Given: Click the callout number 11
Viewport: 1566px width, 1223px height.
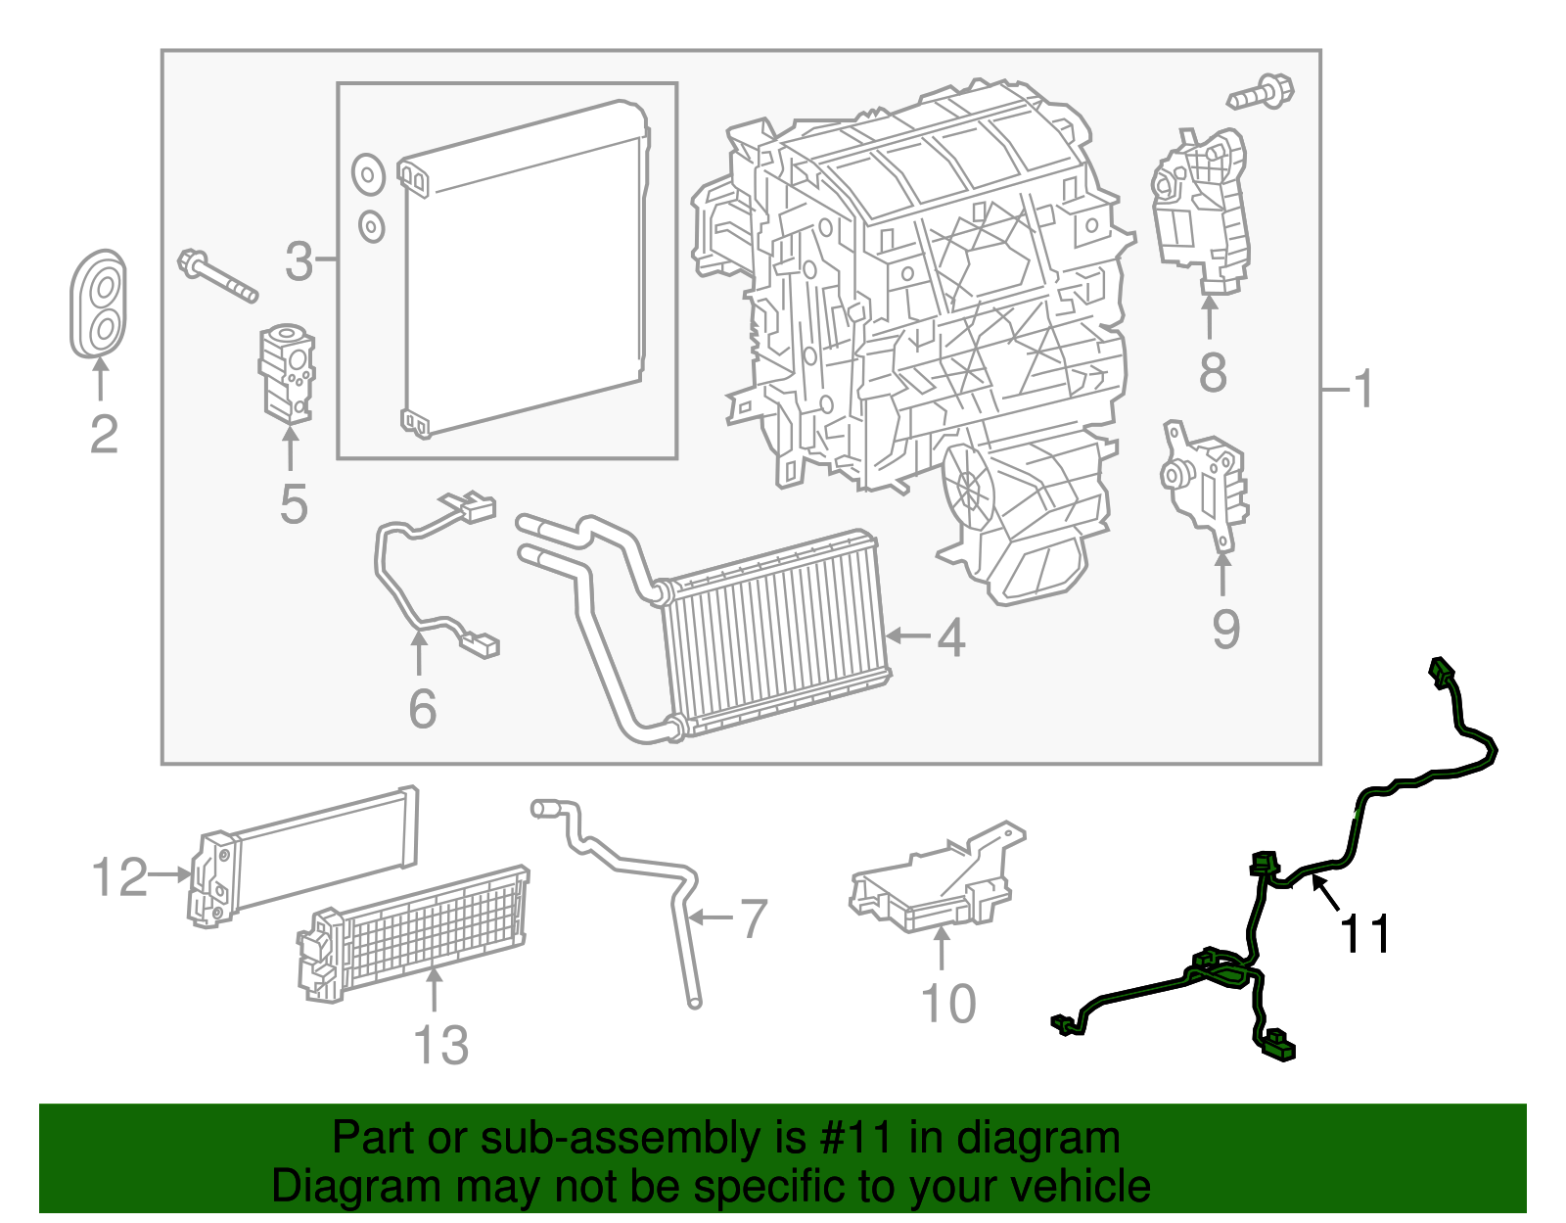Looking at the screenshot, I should pos(1364,934).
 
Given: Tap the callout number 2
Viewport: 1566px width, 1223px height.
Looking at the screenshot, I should pos(104,435).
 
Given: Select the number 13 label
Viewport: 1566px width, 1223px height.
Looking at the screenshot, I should pos(440,1046).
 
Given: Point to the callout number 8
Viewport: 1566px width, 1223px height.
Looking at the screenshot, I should pos(1213,373).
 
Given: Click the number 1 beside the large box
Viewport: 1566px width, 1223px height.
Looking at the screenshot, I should pos(1363,390).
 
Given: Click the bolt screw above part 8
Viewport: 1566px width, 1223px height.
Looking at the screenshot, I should pos(1262,92).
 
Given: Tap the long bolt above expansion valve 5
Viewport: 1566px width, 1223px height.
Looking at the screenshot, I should pos(217,275).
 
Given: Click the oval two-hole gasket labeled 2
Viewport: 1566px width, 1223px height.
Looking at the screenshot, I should pos(100,306).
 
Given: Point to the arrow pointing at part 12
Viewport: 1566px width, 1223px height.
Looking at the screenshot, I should pos(170,874).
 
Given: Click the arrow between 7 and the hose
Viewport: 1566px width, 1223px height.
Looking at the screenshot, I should pos(711,917).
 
